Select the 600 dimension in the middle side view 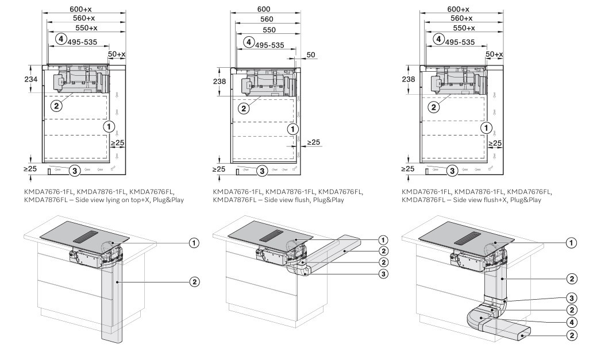[x=264, y=10]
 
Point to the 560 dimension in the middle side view [x=264, y=19]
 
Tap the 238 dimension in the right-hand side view [x=409, y=79]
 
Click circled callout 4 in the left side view [x=60, y=39]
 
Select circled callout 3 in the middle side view [x=260, y=171]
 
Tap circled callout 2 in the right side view [x=434, y=106]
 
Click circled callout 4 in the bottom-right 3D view [x=572, y=321]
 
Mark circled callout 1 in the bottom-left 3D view [x=195, y=243]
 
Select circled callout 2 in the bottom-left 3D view [x=195, y=281]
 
